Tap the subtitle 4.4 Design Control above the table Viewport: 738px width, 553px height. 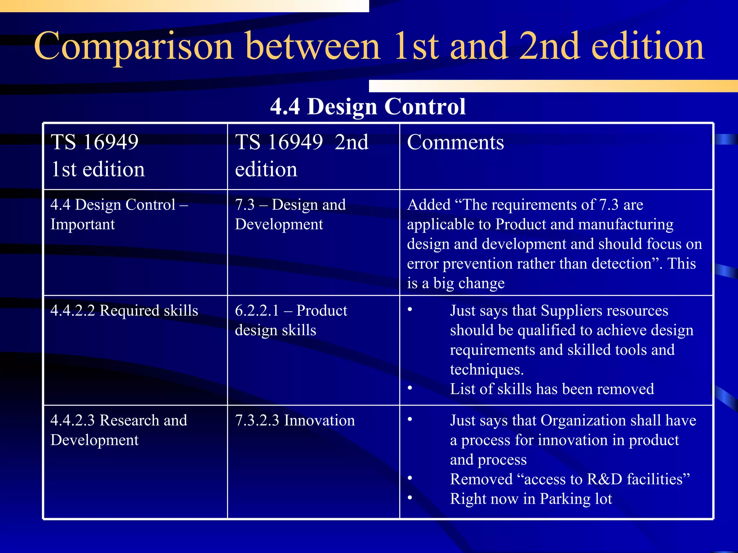coord(368,107)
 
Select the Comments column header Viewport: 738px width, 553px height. coord(455,142)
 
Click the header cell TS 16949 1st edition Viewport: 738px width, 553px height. coord(98,156)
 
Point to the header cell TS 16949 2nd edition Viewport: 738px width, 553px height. coord(302,156)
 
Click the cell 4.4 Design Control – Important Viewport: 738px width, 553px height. coord(119,214)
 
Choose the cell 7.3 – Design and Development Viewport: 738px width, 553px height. coord(290,214)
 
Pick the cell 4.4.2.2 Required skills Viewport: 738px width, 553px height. coord(124,311)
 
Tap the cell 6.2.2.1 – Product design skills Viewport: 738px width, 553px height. coord(291,320)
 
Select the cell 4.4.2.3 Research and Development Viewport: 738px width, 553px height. coord(119,430)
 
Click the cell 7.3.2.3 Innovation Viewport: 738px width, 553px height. coord(295,421)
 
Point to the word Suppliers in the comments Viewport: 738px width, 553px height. coord(570,311)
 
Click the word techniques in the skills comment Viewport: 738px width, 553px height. coord(486,370)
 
